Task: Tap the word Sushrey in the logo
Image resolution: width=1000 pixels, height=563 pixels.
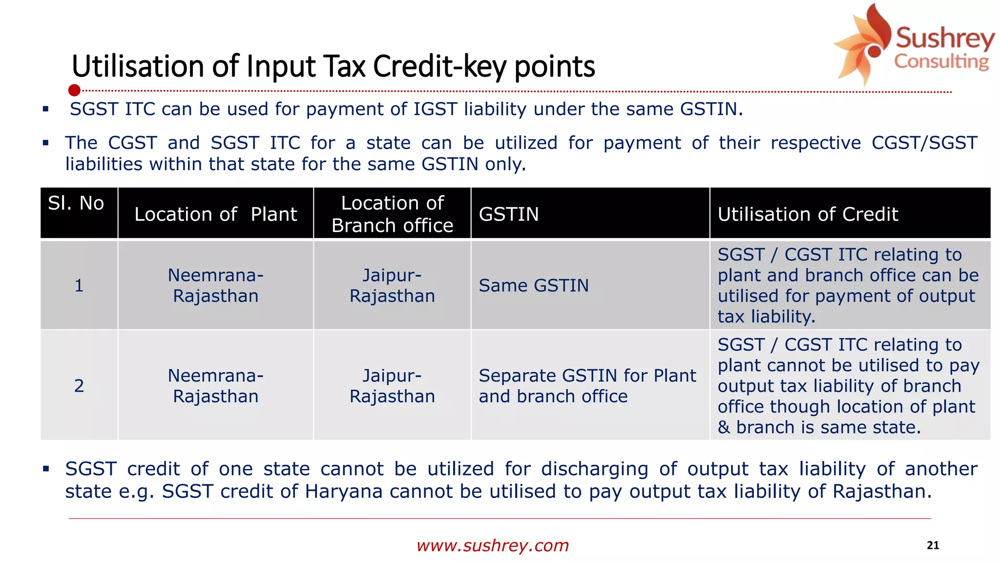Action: pyautogui.click(x=944, y=39)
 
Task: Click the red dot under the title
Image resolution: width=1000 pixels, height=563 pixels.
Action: pyautogui.click(x=74, y=90)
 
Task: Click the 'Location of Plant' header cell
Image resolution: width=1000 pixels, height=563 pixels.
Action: pyautogui.click(x=215, y=214)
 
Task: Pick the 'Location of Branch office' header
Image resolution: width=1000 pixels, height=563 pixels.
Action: pyautogui.click(x=392, y=214)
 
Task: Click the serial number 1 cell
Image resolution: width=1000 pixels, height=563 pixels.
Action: pyautogui.click(x=79, y=285)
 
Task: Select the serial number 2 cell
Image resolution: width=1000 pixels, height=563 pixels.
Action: pyautogui.click(x=79, y=386)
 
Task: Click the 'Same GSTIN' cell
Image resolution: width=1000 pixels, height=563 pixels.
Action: pyautogui.click(x=534, y=285)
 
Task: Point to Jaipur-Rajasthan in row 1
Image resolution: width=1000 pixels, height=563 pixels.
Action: pyautogui.click(x=392, y=285)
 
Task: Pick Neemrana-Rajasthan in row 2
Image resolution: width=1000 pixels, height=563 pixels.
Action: pyautogui.click(x=215, y=386)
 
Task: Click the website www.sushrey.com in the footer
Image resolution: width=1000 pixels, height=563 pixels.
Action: pyautogui.click(x=493, y=545)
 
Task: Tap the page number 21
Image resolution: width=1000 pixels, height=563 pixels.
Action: pyautogui.click(x=933, y=545)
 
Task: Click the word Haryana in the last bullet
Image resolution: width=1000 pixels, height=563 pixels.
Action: pyautogui.click(x=343, y=491)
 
